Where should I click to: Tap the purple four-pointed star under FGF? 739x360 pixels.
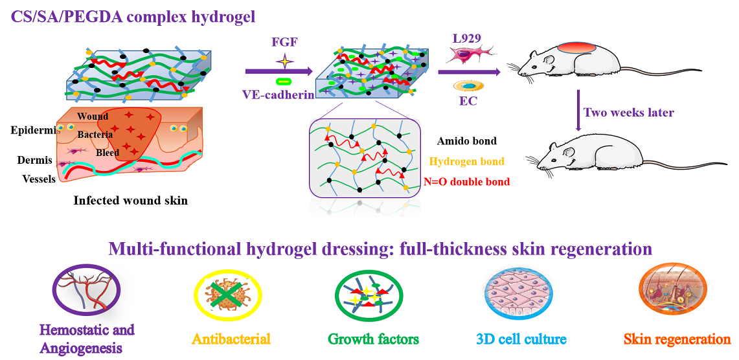tap(283, 61)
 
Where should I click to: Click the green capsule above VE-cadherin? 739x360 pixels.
tap(283, 81)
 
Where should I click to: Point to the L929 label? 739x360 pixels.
tap(466, 38)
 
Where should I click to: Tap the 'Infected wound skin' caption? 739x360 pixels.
tap(131, 200)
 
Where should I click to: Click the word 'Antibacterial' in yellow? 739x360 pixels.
tap(231, 339)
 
